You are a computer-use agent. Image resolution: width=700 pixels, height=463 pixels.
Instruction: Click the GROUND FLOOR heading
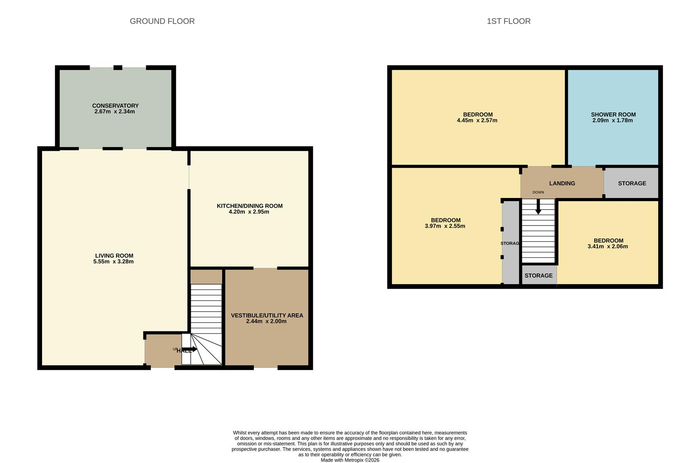point(162,21)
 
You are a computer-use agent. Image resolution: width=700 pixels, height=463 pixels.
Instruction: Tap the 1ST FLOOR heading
point(508,21)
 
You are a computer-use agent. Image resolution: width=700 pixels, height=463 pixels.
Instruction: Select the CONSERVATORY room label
point(115,105)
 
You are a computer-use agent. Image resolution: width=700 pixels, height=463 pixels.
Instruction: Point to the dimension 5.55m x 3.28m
point(114,262)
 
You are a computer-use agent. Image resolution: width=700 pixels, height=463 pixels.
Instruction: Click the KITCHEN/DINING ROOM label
point(249,206)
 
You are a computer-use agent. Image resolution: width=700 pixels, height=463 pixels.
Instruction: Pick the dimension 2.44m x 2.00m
point(266,321)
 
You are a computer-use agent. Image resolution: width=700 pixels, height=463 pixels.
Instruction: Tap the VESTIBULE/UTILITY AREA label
point(267,315)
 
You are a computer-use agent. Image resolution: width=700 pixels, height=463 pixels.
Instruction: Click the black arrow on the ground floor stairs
point(189,349)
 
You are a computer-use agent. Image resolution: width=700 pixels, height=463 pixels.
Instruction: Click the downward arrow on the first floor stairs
point(538,208)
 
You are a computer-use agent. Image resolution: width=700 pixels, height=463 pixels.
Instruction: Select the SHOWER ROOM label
point(613,114)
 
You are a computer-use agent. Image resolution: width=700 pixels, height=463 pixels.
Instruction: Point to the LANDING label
point(562,183)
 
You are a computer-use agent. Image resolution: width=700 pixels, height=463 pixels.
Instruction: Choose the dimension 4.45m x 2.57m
point(477,120)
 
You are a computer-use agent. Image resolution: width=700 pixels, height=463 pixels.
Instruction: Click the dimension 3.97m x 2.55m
point(445,226)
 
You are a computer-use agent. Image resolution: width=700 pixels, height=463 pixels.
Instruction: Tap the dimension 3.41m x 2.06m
point(608,247)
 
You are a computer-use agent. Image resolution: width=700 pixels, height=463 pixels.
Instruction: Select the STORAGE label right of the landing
point(632,183)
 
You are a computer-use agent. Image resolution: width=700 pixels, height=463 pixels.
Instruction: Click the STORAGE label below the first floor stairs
point(538,276)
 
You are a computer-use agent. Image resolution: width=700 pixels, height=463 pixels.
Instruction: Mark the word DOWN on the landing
point(538,192)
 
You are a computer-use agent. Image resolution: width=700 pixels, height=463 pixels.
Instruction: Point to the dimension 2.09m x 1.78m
point(613,120)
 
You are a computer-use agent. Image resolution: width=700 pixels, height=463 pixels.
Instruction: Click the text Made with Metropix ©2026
point(350,460)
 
